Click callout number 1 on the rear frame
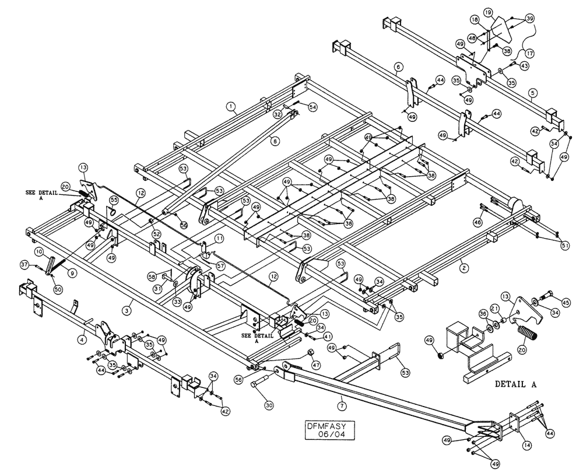pyautogui.click(x=231, y=106)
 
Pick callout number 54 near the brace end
pyautogui.click(x=313, y=107)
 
